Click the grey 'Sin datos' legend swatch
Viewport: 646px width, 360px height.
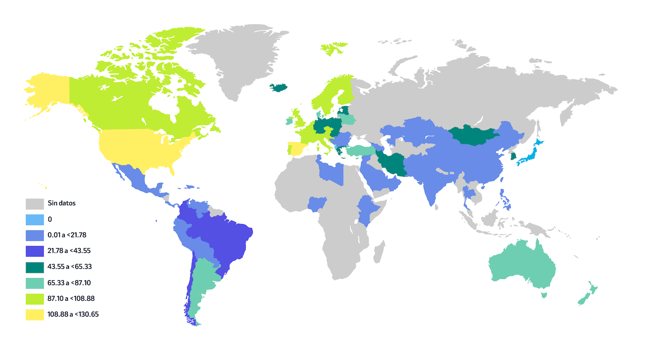click(34, 204)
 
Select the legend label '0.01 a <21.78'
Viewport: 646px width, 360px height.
click(67, 235)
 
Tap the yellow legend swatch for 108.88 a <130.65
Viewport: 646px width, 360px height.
click(34, 315)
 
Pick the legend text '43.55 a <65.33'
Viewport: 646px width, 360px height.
click(69, 267)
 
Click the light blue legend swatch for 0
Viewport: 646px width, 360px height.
click(34, 220)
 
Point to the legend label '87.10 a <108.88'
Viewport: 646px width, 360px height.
click(71, 299)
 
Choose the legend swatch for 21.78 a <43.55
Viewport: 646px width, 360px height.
click(34, 251)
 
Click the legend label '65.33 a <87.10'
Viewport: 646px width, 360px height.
click(69, 283)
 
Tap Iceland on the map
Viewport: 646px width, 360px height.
click(278, 87)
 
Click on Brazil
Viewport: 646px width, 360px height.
click(223, 240)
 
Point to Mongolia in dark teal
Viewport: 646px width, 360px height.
click(473, 135)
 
